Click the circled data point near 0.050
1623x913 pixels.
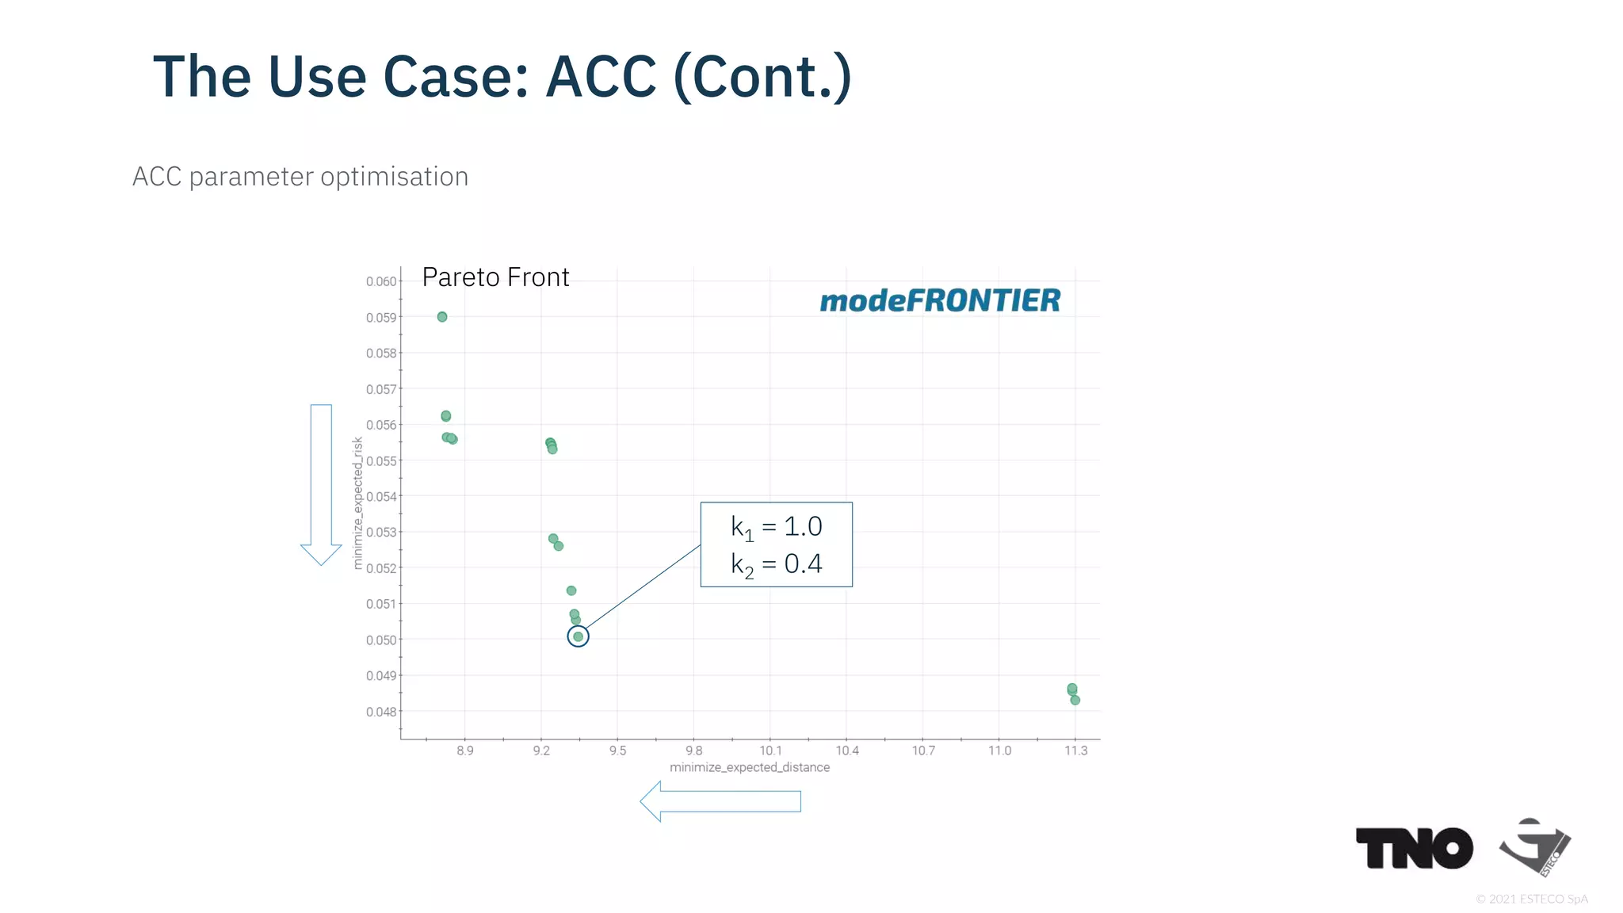click(578, 636)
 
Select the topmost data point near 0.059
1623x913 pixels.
click(442, 317)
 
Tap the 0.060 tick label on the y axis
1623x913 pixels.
click(381, 281)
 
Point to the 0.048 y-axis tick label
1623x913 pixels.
click(381, 712)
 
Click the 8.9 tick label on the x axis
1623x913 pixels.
click(465, 751)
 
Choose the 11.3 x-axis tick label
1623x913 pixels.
click(1075, 751)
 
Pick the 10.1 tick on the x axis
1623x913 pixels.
click(770, 751)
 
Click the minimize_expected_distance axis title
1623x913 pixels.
click(750, 767)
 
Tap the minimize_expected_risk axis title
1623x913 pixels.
click(357, 503)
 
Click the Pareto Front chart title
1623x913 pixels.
click(495, 277)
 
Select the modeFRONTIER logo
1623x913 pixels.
click(940, 301)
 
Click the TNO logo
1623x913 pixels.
click(1414, 848)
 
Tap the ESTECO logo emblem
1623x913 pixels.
click(1534, 846)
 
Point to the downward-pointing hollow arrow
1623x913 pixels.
click(321, 483)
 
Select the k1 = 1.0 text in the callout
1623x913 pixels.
click(776, 527)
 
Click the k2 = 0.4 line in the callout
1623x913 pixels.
click(776, 564)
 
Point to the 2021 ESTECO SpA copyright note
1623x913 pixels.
click(1532, 899)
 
